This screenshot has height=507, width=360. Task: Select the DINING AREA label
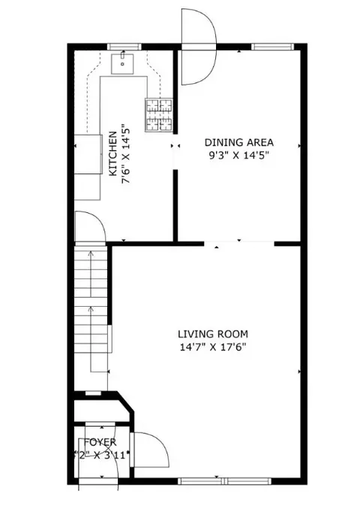pos(239,142)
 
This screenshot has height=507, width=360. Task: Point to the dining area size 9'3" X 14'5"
pos(239,156)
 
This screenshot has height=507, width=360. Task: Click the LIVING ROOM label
pos(212,334)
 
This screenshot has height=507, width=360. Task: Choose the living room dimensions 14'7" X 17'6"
pos(212,347)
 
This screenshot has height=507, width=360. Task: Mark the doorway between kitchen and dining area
pos(175,146)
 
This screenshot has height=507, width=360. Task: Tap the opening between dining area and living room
pos(239,242)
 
